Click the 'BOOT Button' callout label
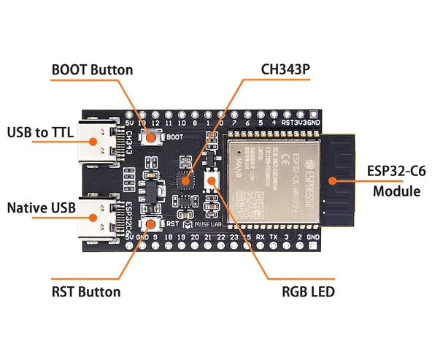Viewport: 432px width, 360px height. pos(92,70)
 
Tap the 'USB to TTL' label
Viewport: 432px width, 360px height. pos(41,133)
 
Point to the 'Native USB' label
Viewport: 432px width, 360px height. pos(41,208)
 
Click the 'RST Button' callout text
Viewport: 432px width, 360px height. pos(86,292)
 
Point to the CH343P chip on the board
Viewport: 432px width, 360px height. pos(185,180)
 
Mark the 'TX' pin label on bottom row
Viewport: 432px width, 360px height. pos(273,238)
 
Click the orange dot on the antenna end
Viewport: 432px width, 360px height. pos(332,178)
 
